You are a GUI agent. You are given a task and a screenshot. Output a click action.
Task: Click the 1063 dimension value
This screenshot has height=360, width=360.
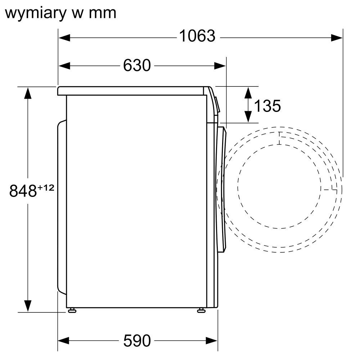click(x=197, y=36)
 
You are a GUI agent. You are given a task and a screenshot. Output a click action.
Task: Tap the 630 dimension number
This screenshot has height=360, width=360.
click(x=137, y=66)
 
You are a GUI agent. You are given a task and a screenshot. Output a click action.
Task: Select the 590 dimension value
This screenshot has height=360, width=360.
click(x=137, y=341)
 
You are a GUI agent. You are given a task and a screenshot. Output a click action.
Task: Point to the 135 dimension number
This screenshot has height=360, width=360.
click(x=267, y=106)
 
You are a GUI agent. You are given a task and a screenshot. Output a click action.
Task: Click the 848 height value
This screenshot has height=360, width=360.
click(x=23, y=190)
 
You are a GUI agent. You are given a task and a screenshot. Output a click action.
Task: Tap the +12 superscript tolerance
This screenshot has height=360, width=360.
click(x=46, y=188)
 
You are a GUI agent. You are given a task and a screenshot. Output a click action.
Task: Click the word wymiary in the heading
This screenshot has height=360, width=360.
click(x=36, y=14)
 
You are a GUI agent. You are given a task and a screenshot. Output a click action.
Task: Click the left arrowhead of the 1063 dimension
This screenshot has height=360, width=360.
click(x=64, y=38)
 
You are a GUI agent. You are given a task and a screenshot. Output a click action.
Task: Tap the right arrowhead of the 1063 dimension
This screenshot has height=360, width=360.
click(x=337, y=38)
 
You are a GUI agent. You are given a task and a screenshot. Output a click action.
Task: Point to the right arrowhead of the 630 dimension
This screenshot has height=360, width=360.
click(x=220, y=66)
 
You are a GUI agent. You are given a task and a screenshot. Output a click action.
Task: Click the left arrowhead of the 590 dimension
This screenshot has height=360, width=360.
click(x=64, y=341)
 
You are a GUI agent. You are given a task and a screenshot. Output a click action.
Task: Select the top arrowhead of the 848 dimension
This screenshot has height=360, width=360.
click(x=28, y=93)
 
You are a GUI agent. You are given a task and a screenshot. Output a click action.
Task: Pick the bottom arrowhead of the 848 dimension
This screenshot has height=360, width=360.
click(x=28, y=306)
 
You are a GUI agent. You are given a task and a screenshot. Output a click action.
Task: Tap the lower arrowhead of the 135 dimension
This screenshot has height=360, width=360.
click(x=248, y=116)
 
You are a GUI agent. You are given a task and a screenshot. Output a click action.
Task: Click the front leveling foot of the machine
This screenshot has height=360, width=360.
click(x=201, y=310)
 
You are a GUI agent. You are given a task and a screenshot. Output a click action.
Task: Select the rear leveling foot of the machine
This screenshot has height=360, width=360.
click(x=72, y=310)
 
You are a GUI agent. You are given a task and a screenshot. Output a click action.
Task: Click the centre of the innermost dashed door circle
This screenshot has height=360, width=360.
click(x=279, y=186)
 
